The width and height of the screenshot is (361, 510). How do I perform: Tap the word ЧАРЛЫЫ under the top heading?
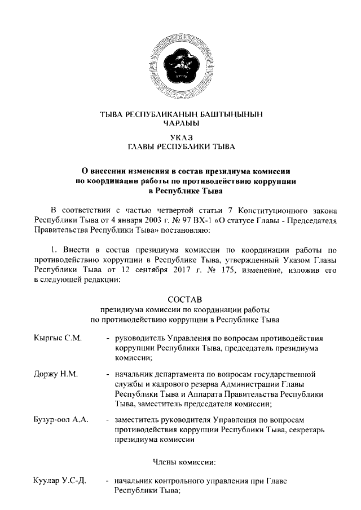pyautogui.click(x=181, y=123)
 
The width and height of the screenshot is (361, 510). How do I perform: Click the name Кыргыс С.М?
pyautogui.click(x=58, y=338)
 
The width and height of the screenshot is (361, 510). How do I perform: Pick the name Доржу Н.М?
pyautogui.click(x=55, y=374)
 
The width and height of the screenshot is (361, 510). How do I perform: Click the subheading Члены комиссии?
pyautogui.click(x=181, y=462)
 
